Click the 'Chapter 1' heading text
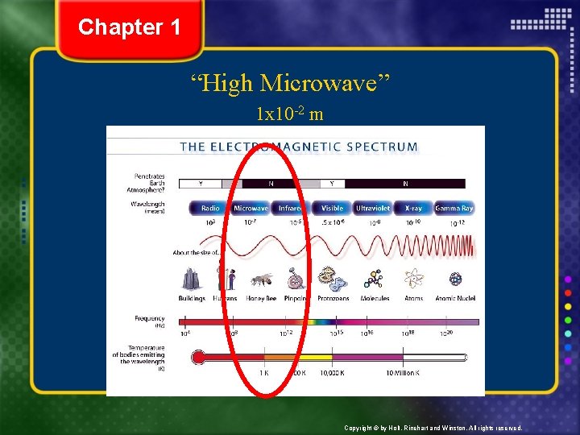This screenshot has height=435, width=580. (130, 27)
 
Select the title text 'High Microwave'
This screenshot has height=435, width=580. (290, 82)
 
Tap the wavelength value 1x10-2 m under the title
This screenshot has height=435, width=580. (290, 114)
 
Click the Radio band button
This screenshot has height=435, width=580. (210, 208)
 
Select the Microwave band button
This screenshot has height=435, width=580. (251, 208)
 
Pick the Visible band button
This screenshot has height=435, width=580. (332, 208)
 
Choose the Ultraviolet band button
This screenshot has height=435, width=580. (373, 208)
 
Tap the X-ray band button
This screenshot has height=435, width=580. (413, 208)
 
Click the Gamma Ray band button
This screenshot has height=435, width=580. (454, 208)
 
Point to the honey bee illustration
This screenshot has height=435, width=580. (262, 280)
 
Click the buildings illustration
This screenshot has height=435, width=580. (192, 279)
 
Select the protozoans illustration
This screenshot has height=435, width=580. (331, 279)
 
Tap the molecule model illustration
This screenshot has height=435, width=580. (374, 279)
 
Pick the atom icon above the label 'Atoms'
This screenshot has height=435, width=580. (415, 279)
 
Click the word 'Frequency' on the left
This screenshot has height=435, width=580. (150, 319)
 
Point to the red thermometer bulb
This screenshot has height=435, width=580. (198, 357)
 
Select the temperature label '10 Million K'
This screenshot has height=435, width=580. (402, 373)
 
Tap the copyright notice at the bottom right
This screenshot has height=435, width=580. (433, 428)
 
